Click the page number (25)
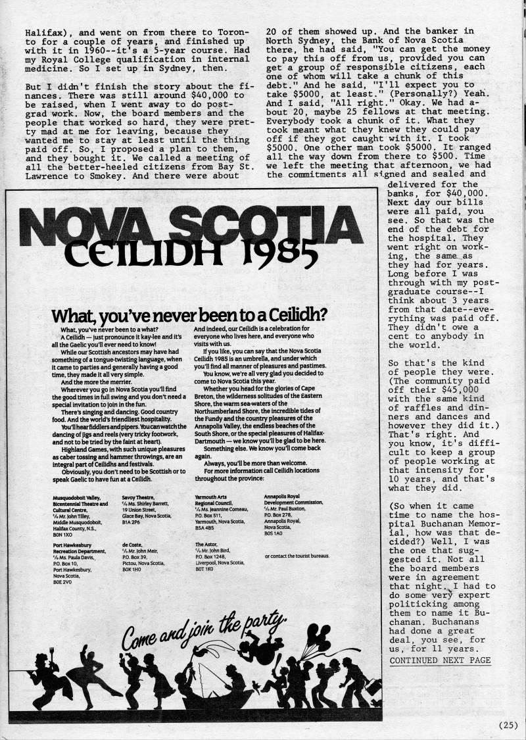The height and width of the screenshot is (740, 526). coord(508,726)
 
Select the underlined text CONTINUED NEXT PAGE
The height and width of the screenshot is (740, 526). coord(440,660)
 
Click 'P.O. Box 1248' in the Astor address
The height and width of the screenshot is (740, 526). coord(214,563)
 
